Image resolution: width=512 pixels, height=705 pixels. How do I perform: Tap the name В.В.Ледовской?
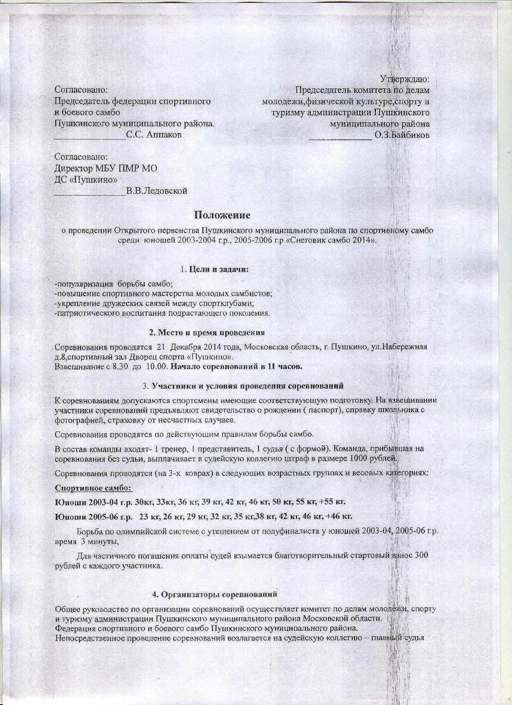coord(156,191)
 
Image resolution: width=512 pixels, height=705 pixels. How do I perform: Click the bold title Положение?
coord(223,215)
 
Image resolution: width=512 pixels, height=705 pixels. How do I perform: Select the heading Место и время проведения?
coord(207,333)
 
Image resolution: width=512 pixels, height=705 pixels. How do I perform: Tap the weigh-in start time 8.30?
coord(113,366)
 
